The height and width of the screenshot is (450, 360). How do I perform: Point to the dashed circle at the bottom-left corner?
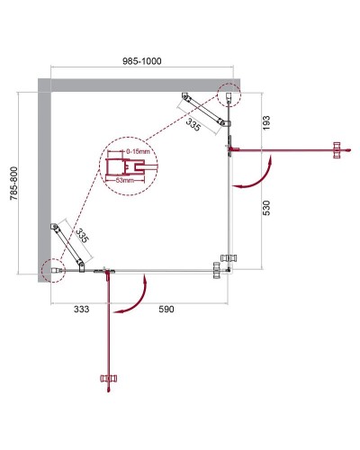tap(52, 267)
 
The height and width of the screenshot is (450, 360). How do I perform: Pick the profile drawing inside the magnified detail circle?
tap(121, 166)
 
